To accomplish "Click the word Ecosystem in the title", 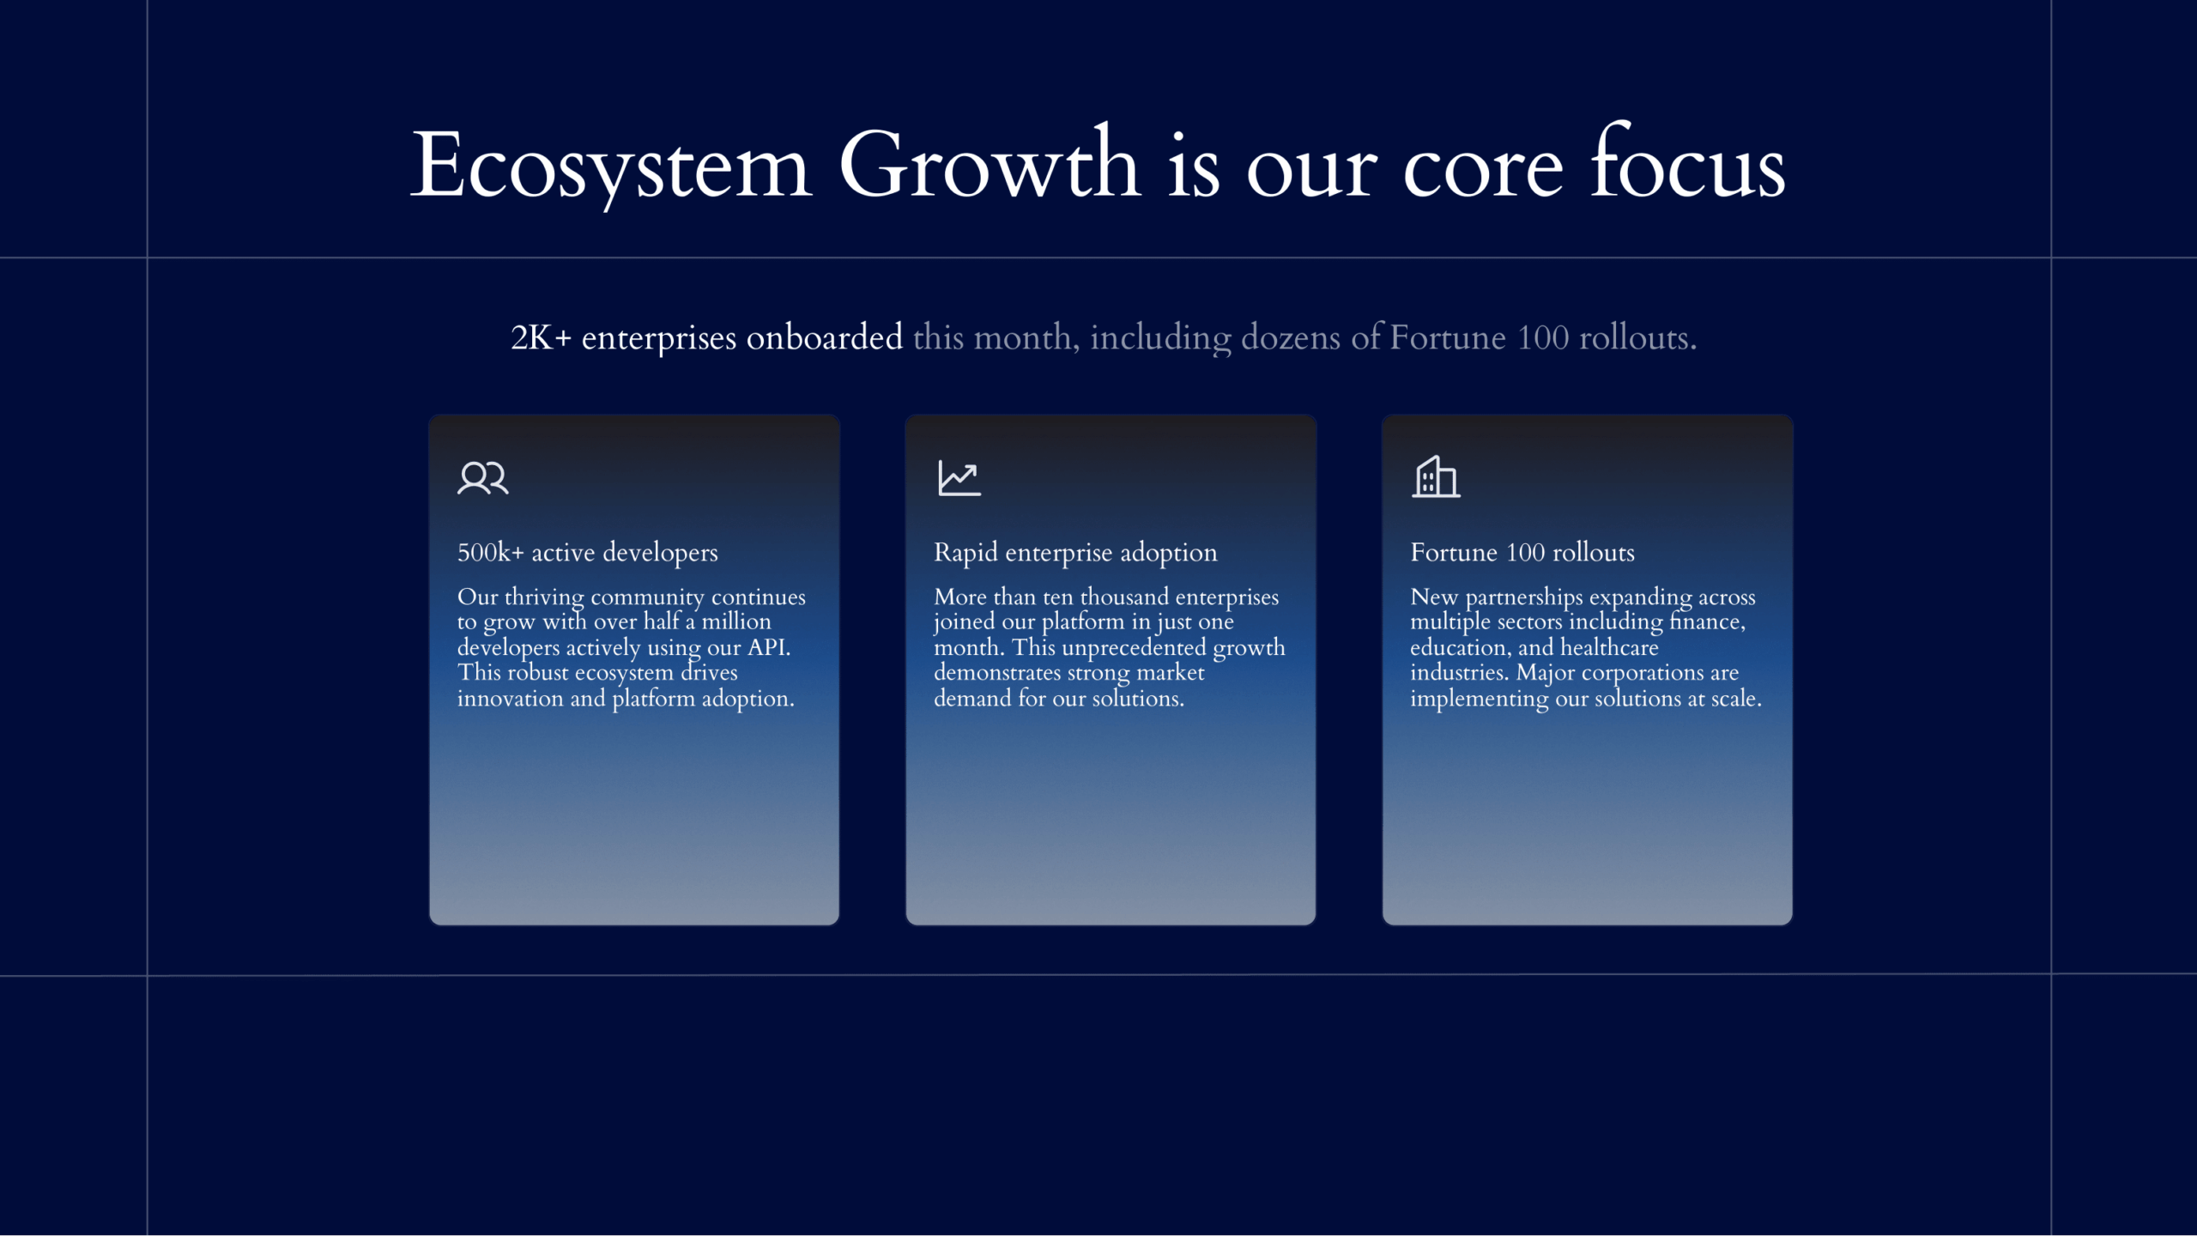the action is tap(610, 166).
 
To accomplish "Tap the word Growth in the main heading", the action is tap(990, 163).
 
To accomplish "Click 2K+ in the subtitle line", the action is tap(541, 337).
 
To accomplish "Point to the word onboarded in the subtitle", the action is tap(824, 337).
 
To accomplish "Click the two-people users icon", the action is tap(483, 477).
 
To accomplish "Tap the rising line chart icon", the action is tap(959, 478).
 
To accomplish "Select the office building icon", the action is tap(1436, 476).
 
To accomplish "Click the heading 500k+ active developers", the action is tap(587, 552).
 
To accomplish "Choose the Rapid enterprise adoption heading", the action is tap(1075, 553).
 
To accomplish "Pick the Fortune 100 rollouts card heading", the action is tap(1522, 552).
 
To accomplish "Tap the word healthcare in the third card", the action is tap(1609, 646).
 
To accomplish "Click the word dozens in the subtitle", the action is tap(1291, 337).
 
